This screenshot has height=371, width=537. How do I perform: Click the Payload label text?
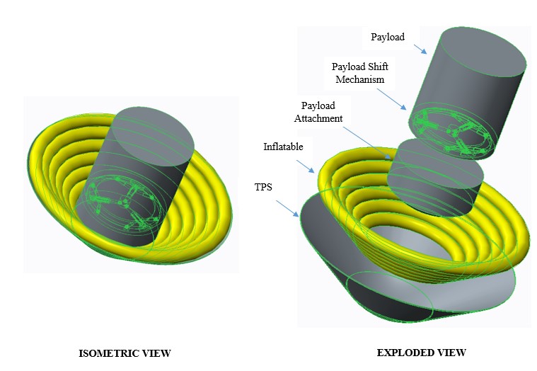[388, 37]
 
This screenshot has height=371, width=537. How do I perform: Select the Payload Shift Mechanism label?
[360, 73]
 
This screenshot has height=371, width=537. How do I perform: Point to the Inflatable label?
[283, 147]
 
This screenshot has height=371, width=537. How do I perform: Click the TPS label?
[264, 187]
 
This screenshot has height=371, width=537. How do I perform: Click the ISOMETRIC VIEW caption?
[125, 353]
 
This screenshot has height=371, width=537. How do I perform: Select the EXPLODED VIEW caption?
[422, 353]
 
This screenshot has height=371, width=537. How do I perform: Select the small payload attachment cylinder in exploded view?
[439, 177]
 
